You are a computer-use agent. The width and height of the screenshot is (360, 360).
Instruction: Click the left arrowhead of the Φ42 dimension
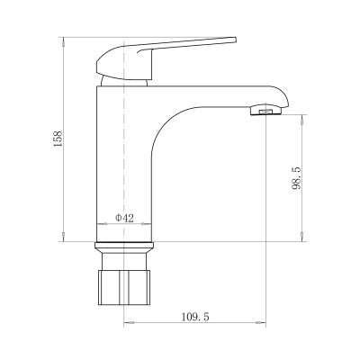coord(97,223)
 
